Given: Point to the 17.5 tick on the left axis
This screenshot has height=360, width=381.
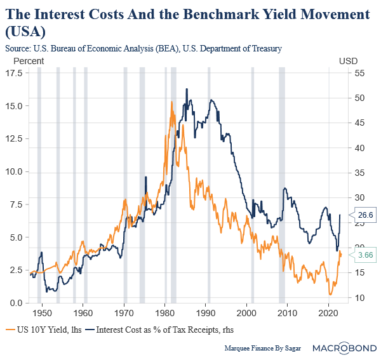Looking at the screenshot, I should tap(14, 73).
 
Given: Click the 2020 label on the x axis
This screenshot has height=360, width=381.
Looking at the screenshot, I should tap(328, 312).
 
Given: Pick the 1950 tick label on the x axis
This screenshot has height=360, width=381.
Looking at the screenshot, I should tap(42, 312).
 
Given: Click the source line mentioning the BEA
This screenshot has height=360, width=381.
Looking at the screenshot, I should tap(143, 48).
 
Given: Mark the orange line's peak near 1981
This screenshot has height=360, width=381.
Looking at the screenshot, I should tap(171, 102).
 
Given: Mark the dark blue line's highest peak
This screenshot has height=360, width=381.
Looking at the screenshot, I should tap(187, 89).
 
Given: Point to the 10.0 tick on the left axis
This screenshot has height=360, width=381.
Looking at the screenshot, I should tap(14, 171).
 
